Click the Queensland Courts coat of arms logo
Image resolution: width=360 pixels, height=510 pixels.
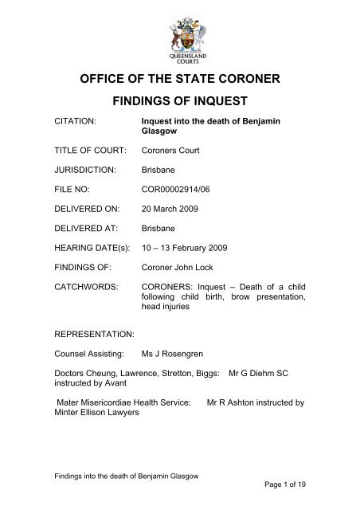click(x=180, y=39)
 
